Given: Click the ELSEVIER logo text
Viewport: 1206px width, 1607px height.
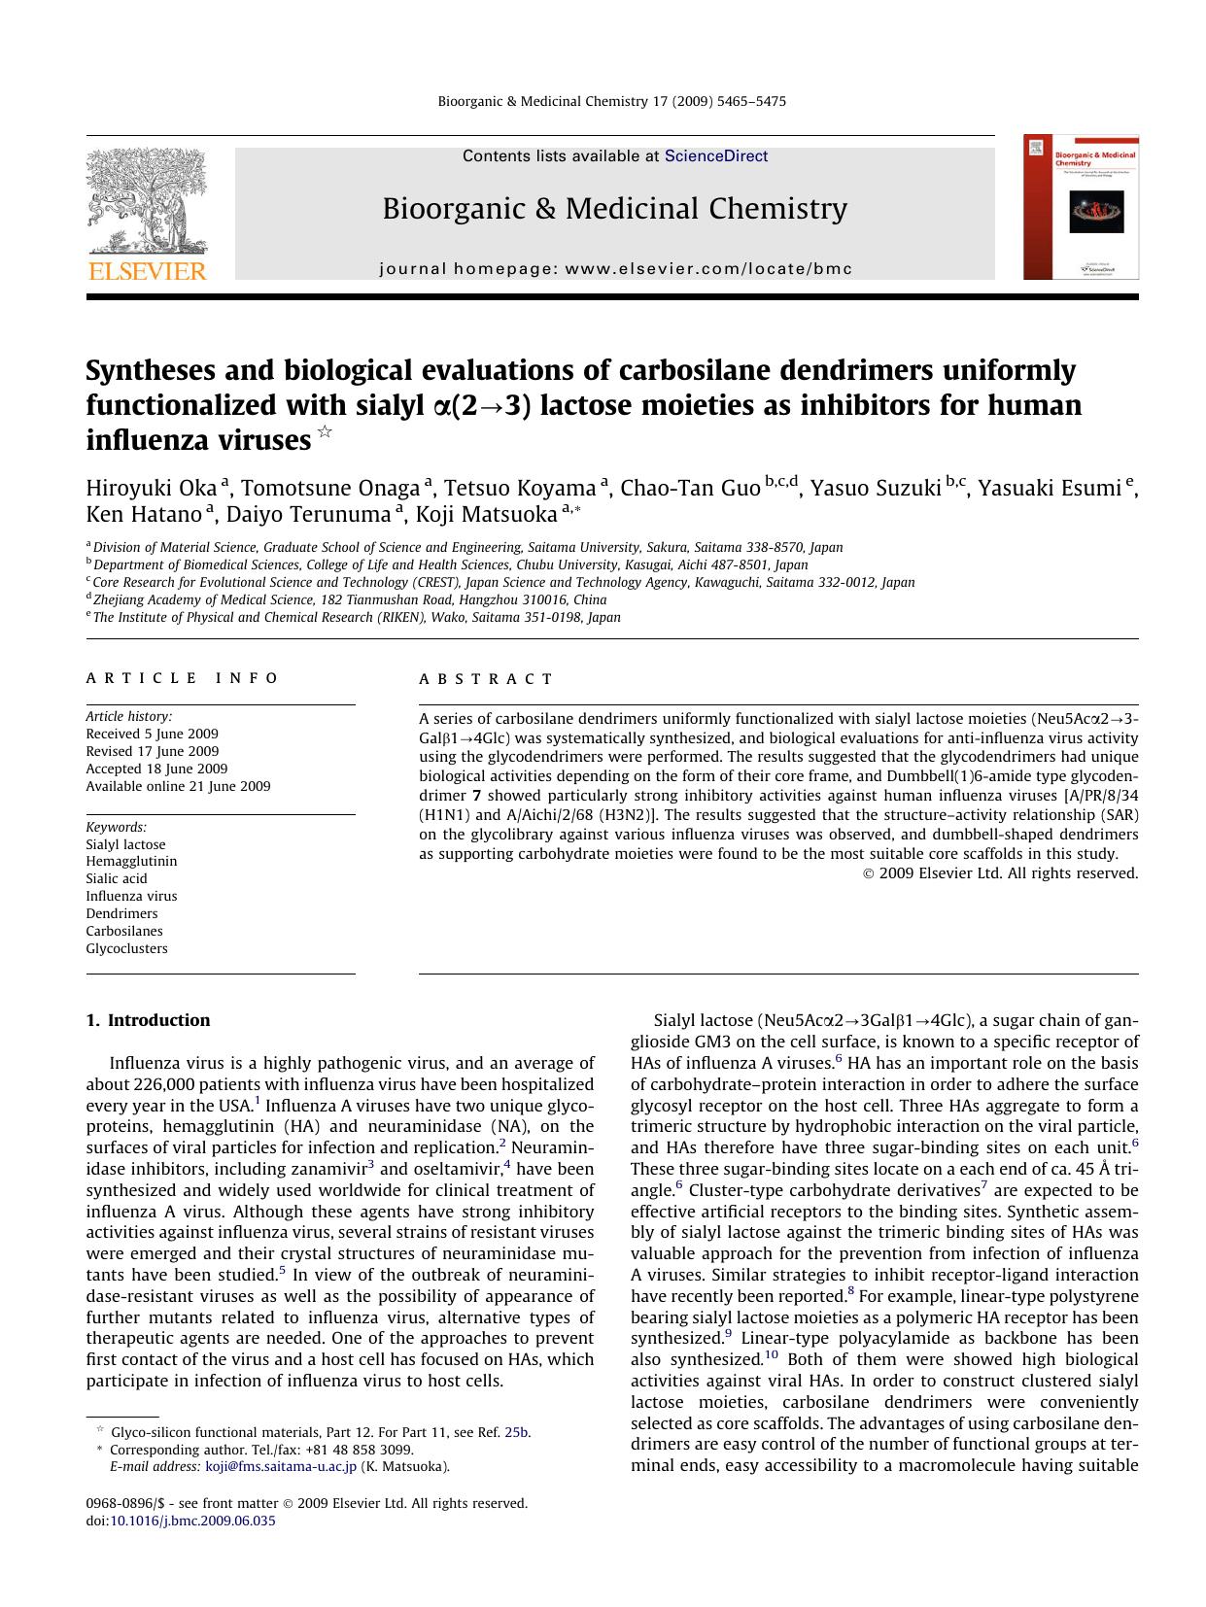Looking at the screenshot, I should point(148,271).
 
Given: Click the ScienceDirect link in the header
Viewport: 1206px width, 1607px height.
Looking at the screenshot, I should point(716,156).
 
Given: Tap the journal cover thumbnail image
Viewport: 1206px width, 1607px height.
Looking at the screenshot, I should point(1081,208).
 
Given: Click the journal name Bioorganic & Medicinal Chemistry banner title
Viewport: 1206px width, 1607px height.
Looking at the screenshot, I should point(614,209).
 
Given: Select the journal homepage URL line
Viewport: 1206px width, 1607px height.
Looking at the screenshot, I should point(615,269).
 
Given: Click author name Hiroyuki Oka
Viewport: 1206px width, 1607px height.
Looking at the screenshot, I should point(151,488).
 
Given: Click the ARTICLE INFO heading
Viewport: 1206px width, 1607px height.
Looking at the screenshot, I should point(183,678).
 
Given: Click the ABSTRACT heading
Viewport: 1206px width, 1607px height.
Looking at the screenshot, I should point(487,679).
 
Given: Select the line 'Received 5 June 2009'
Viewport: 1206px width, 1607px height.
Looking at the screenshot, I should point(152,734).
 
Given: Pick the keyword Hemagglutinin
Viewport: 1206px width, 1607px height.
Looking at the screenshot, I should point(131,861).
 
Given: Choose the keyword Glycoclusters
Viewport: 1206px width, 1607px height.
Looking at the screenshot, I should point(126,948).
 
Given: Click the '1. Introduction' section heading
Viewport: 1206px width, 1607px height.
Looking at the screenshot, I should point(148,1020).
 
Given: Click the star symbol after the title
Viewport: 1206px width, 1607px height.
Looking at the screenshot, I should point(325,432).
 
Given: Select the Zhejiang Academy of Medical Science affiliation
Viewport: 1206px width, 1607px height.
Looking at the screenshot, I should point(350,599).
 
